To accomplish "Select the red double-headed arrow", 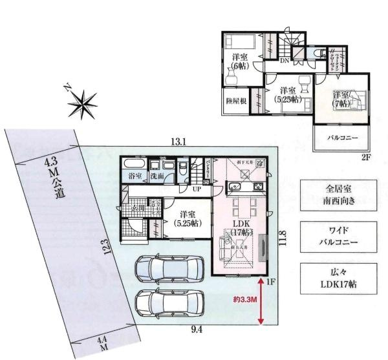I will pos(261,301).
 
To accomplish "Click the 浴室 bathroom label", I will pos(135,176).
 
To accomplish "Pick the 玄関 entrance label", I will pos(138,208).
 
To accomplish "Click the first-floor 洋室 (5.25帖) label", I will pos(188,218).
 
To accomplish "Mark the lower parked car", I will pos(169,302).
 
